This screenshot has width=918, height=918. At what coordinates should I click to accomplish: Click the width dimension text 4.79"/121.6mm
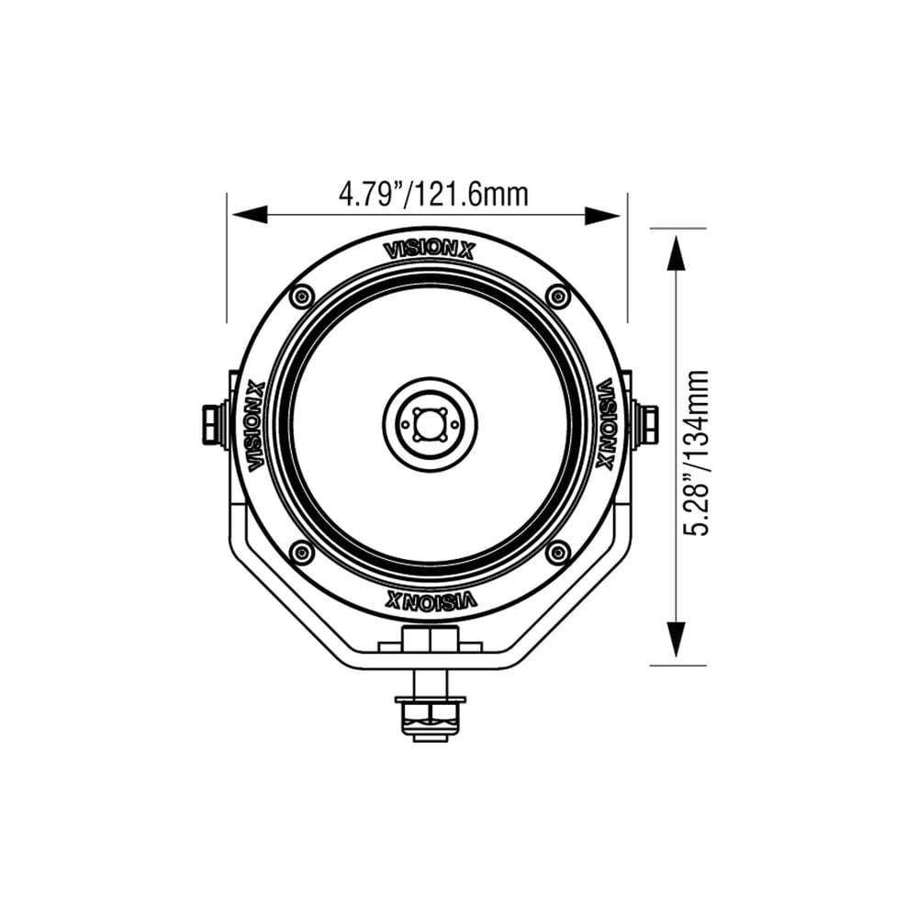pyautogui.click(x=433, y=195)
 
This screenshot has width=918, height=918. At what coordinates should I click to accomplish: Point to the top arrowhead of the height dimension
pyautogui.click(x=677, y=252)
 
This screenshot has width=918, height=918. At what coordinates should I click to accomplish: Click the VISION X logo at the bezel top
pyautogui.click(x=429, y=249)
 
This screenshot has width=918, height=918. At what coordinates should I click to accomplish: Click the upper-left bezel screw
pyautogui.click(x=300, y=296)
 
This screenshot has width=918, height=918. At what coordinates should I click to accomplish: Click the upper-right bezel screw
pyautogui.click(x=557, y=296)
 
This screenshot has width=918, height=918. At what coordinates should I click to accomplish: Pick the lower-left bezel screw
pyautogui.click(x=300, y=552)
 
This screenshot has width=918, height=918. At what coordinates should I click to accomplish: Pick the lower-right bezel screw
pyautogui.click(x=557, y=552)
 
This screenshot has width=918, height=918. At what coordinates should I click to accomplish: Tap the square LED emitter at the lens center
pyautogui.click(x=430, y=424)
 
